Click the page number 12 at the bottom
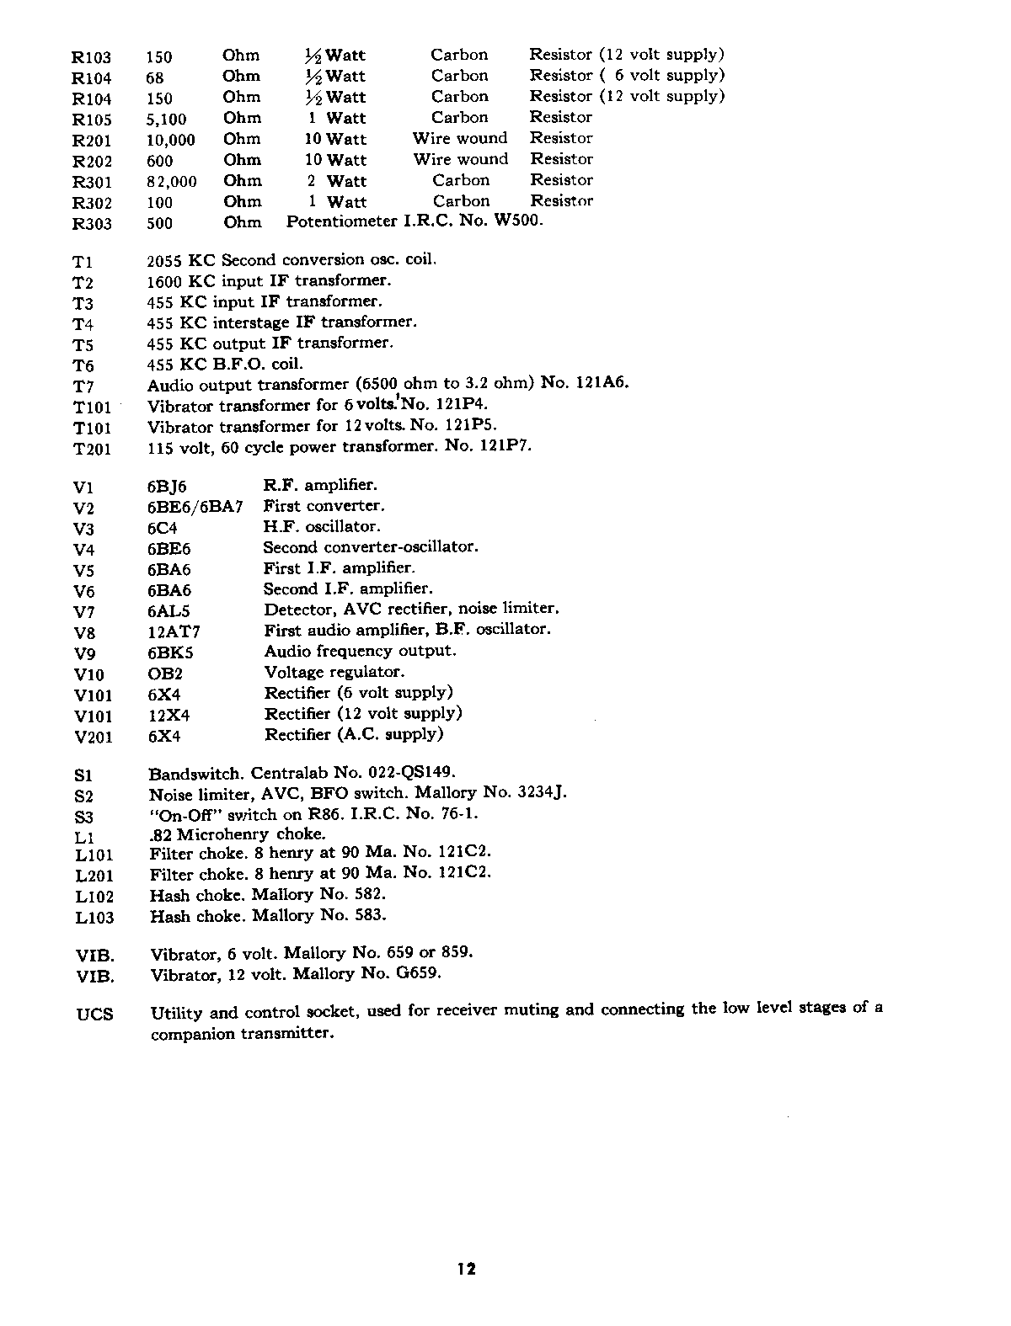click(x=467, y=1269)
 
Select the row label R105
click(x=92, y=120)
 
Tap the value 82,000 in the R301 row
click(x=171, y=182)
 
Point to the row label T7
click(x=83, y=386)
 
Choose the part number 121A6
click(x=602, y=383)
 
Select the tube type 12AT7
click(x=173, y=631)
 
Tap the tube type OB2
click(x=164, y=674)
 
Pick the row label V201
click(x=93, y=738)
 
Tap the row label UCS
click(x=94, y=1014)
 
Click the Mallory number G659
click(x=418, y=974)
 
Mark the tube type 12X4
click(x=168, y=716)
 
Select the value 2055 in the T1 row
click(x=164, y=260)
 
